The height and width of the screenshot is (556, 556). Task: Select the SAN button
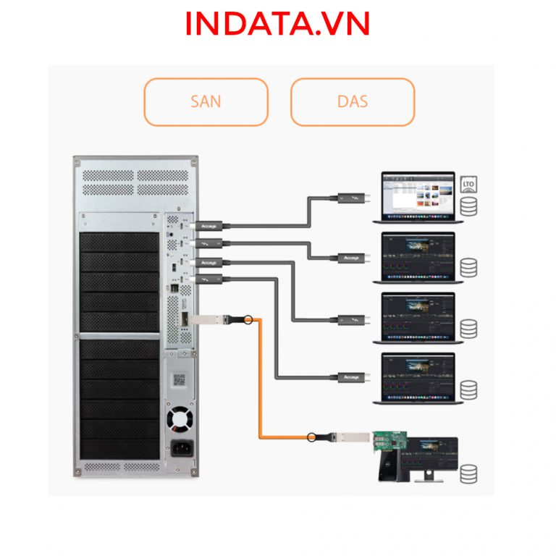pyautogui.click(x=206, y=101)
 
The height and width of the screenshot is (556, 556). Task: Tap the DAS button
pyautogui.click(x=353, y=101)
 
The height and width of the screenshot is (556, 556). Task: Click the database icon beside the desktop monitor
pyautogui.click(x=468, y=473)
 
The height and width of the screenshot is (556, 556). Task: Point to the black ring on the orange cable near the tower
pyautogui.click(x=248, y=319)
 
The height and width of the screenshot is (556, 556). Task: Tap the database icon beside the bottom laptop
pyautogui.click(x=468, y=389)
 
